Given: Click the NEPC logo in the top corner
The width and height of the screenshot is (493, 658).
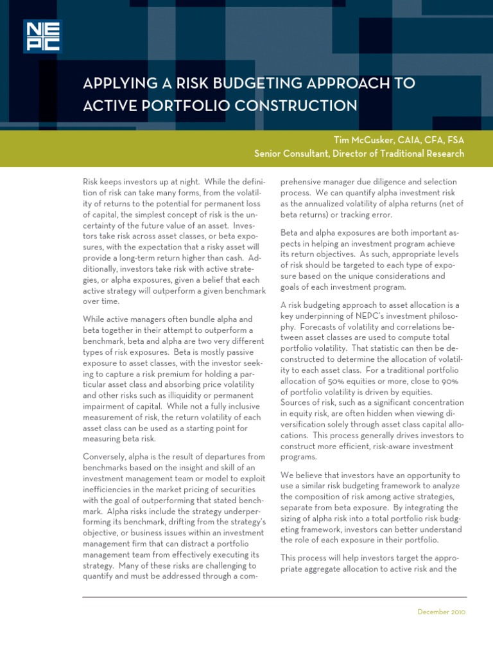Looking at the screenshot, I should (41, 36).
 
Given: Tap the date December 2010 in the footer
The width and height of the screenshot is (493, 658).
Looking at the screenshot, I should (441, 612).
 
